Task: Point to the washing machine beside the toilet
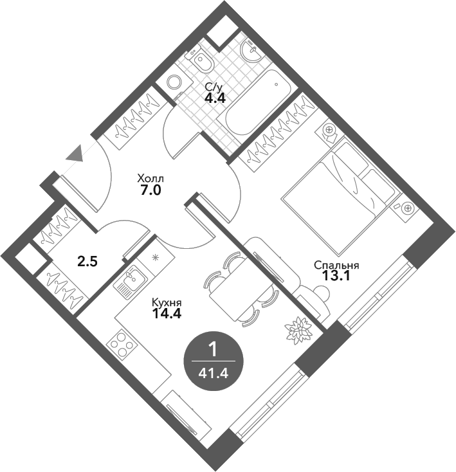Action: click(174, 80)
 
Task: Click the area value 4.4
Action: click(215, 98)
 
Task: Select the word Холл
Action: click(150, 179)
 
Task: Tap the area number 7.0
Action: click(151, 190)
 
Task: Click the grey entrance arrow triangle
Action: click(75, 154)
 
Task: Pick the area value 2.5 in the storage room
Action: click(87, 262)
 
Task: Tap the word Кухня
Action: click(167, 302)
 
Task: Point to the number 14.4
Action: click(167, 314)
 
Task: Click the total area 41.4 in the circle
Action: click(214, 374)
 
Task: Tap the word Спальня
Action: click(336, 266)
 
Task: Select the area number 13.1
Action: click(336, 275)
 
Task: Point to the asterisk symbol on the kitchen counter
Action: click(155, 258)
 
